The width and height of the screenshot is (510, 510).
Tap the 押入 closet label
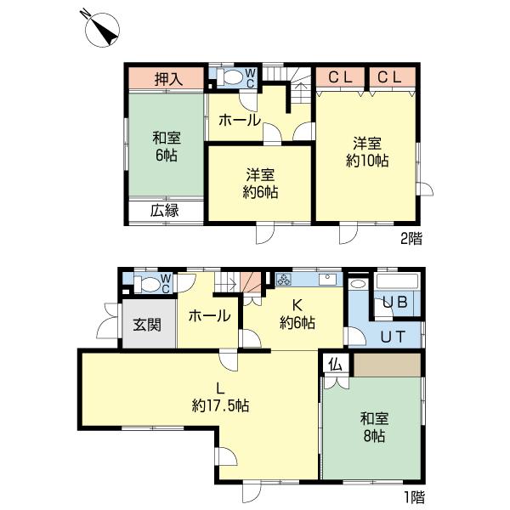click(x=166, y=79)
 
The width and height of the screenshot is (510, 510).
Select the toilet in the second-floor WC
click(x=230, y=76)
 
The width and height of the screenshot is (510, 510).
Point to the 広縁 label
click(x=166, y=211)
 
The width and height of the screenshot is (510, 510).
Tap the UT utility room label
click(x=392, y=337)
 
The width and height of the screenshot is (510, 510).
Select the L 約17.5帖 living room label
click(x=220, y=397)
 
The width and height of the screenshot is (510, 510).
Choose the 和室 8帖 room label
click(x=372, y=427)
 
